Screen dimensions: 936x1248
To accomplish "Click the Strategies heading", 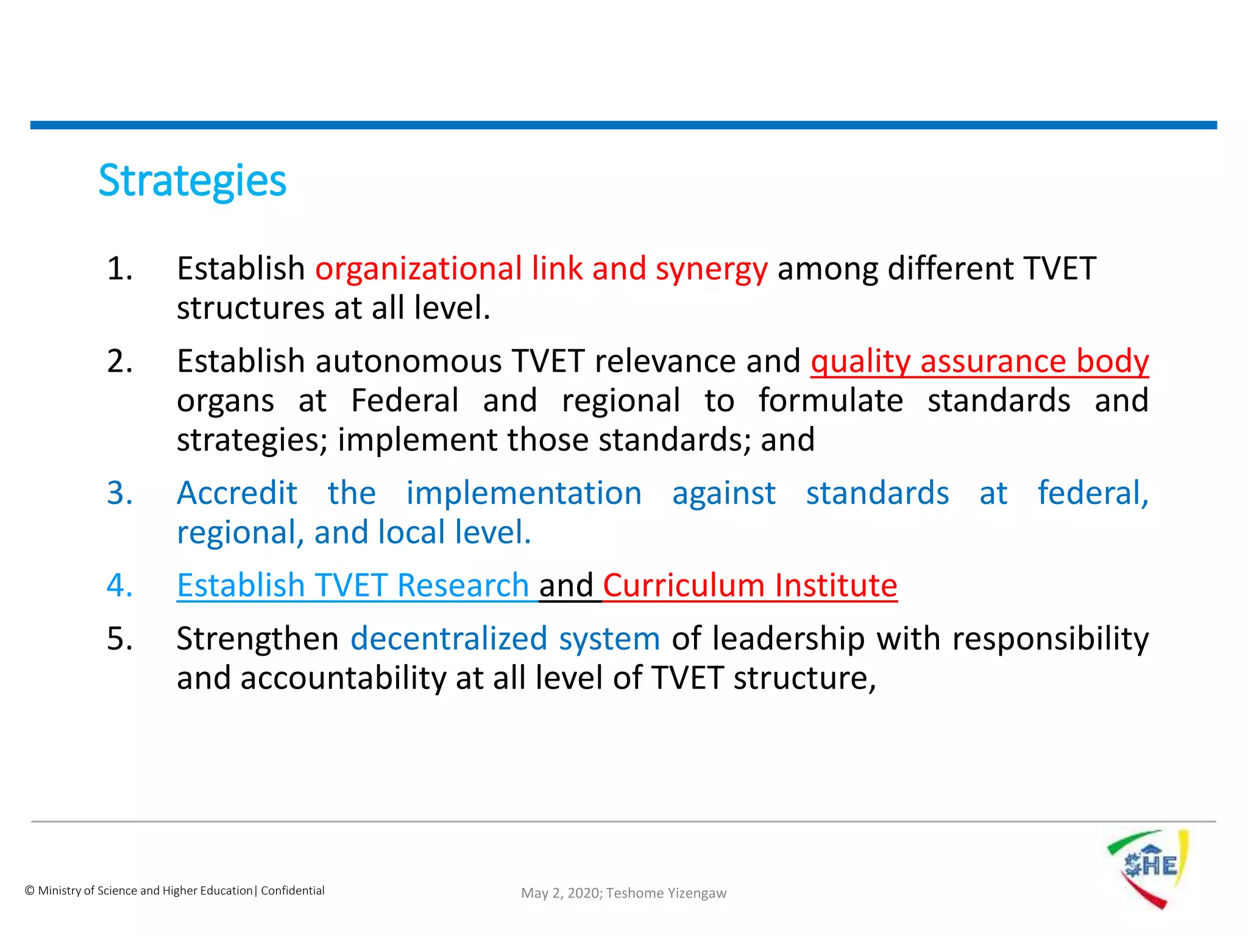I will point(192,181).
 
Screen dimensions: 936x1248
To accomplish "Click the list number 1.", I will point(119,269).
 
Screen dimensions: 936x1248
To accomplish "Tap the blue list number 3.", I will point(119,493).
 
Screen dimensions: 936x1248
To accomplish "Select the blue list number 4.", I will point(119,586).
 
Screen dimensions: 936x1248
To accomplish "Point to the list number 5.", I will point(119,639).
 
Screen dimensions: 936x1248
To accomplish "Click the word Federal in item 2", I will point(405,401).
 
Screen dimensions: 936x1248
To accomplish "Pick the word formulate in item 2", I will point(831,401).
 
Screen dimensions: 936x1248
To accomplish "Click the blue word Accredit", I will point(237,493).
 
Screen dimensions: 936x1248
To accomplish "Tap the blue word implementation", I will point(524,493).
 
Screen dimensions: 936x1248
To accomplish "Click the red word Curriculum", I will point(684,586).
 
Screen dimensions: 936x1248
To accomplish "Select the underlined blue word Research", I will point(463,586).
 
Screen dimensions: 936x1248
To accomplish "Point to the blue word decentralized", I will point(449,639).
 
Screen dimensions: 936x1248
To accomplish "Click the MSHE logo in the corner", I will point(1148,868).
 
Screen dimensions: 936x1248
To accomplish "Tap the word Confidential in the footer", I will point(292,890).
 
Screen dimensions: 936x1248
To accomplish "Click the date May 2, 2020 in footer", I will point(561,893).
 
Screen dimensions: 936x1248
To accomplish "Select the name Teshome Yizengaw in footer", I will point(666,893).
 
